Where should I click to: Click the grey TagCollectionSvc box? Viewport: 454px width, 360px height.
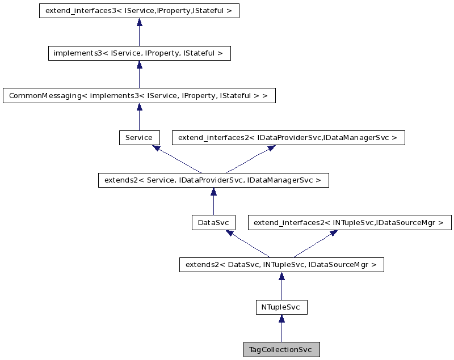point(281,350)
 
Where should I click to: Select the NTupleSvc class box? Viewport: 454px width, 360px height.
point(281,307)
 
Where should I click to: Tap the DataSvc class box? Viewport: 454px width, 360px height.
point(213,223)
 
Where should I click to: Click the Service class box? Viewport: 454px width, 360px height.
point(139,138)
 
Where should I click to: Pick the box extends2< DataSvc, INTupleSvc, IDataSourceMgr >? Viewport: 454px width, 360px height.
point(281,265)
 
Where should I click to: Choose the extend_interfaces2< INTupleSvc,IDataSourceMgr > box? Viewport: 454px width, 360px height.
point(350,223)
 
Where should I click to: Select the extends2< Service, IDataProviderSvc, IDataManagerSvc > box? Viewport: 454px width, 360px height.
point(213,180)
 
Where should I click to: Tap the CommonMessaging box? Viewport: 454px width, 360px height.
point(139,96)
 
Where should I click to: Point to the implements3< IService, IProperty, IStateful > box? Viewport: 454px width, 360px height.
point(139,53)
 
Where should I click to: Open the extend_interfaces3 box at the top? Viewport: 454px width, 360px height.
point(139,11)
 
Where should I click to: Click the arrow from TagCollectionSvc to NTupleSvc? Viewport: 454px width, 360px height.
point(281,329)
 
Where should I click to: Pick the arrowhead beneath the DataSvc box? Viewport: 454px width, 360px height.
point(230,233)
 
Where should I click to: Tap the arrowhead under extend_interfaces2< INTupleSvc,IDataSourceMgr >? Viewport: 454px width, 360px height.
point(333,233)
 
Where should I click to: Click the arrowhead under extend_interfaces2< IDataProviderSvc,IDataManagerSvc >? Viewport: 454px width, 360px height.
point(271,148)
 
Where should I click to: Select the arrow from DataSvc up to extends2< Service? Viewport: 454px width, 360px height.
point(213,201)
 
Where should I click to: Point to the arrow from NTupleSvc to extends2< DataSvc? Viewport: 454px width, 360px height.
point(281,286)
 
